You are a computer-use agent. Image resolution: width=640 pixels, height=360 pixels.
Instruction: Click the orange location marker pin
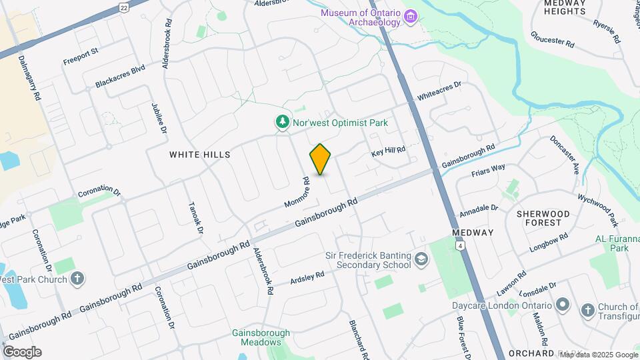(321, 159)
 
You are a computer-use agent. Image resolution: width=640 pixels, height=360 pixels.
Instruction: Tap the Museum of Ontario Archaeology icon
(411, 16)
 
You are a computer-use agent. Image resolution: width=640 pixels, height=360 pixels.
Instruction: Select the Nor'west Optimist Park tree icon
(283, 123)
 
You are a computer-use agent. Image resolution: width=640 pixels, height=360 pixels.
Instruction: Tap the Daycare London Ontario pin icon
(562, 305)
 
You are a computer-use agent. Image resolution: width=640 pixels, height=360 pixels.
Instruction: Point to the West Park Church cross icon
(77, 279)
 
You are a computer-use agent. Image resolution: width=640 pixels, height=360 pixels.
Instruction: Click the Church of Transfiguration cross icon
(587, 310)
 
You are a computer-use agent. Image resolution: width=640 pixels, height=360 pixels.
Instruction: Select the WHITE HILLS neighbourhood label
(199, 155)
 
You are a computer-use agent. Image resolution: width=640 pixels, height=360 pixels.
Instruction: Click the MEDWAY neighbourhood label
(473, 233)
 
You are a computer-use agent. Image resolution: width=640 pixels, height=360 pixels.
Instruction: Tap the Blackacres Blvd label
(120, 77)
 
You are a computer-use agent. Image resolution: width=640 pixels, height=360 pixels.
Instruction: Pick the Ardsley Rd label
(307, 278)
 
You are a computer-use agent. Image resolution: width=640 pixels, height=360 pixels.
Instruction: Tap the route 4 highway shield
(459, 245)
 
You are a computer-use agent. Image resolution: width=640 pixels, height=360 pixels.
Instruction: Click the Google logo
(22, 351)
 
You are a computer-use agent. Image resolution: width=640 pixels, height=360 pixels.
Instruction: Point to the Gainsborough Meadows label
(261, 337)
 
